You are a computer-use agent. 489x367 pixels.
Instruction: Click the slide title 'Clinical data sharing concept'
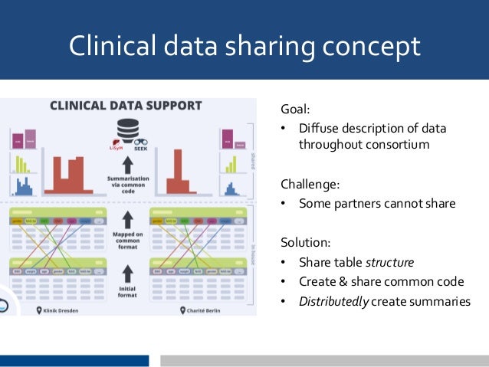point(244,46)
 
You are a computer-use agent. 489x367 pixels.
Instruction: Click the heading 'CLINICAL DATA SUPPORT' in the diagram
point(126,106)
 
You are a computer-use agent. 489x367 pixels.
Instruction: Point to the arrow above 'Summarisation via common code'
point(128,163)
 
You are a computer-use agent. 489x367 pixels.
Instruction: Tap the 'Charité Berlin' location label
point(198,310)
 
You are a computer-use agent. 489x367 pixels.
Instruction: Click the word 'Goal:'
point(295,110)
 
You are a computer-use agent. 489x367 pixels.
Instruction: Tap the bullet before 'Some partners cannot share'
point(283,204)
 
